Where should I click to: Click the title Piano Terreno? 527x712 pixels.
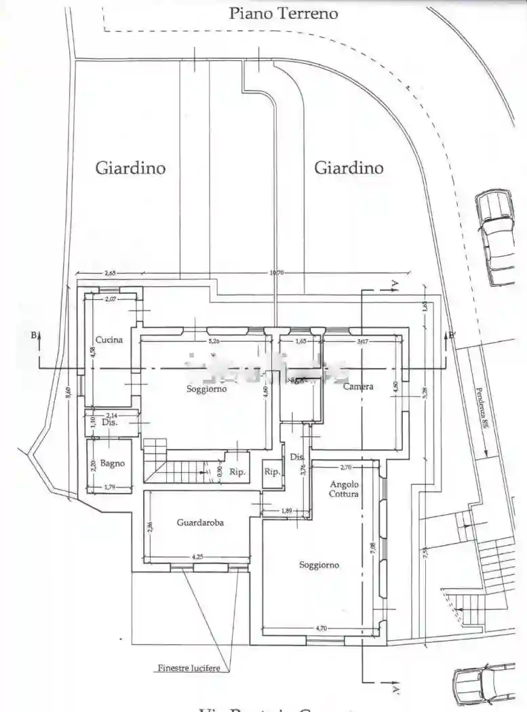click(x=283, y=13)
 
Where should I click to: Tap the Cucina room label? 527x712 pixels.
click(x=109, y=339)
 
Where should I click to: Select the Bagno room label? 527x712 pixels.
click(x=113, y=463)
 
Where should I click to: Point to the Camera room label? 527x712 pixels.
click(x=358, y=387)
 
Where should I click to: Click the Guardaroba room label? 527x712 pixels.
click(x=200, y=522)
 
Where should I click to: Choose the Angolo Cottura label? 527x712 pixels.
click(x=345, y=488)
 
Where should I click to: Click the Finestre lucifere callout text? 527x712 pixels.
click(x=189, y=668)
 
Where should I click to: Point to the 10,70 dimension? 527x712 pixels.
click(x=277, y=273)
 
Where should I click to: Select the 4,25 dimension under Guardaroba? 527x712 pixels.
click(x=197, y=557)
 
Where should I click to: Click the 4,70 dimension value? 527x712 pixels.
click(x=319, y=629)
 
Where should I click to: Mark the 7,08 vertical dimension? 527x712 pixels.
click(x=372, y=548)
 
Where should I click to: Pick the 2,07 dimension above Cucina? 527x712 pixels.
click(x=111, y=298)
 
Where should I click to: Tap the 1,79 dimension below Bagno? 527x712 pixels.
click(x=109, y=487)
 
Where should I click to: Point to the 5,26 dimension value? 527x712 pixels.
click(x=213, y=341)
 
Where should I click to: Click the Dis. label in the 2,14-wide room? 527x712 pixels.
click(x=110, y=422)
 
